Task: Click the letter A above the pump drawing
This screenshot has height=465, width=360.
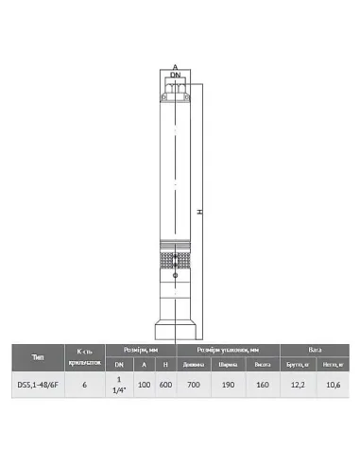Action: pos(175,67)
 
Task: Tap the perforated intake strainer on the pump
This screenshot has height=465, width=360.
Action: pos(175,256)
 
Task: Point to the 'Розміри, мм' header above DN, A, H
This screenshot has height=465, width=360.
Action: pos(141,348)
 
